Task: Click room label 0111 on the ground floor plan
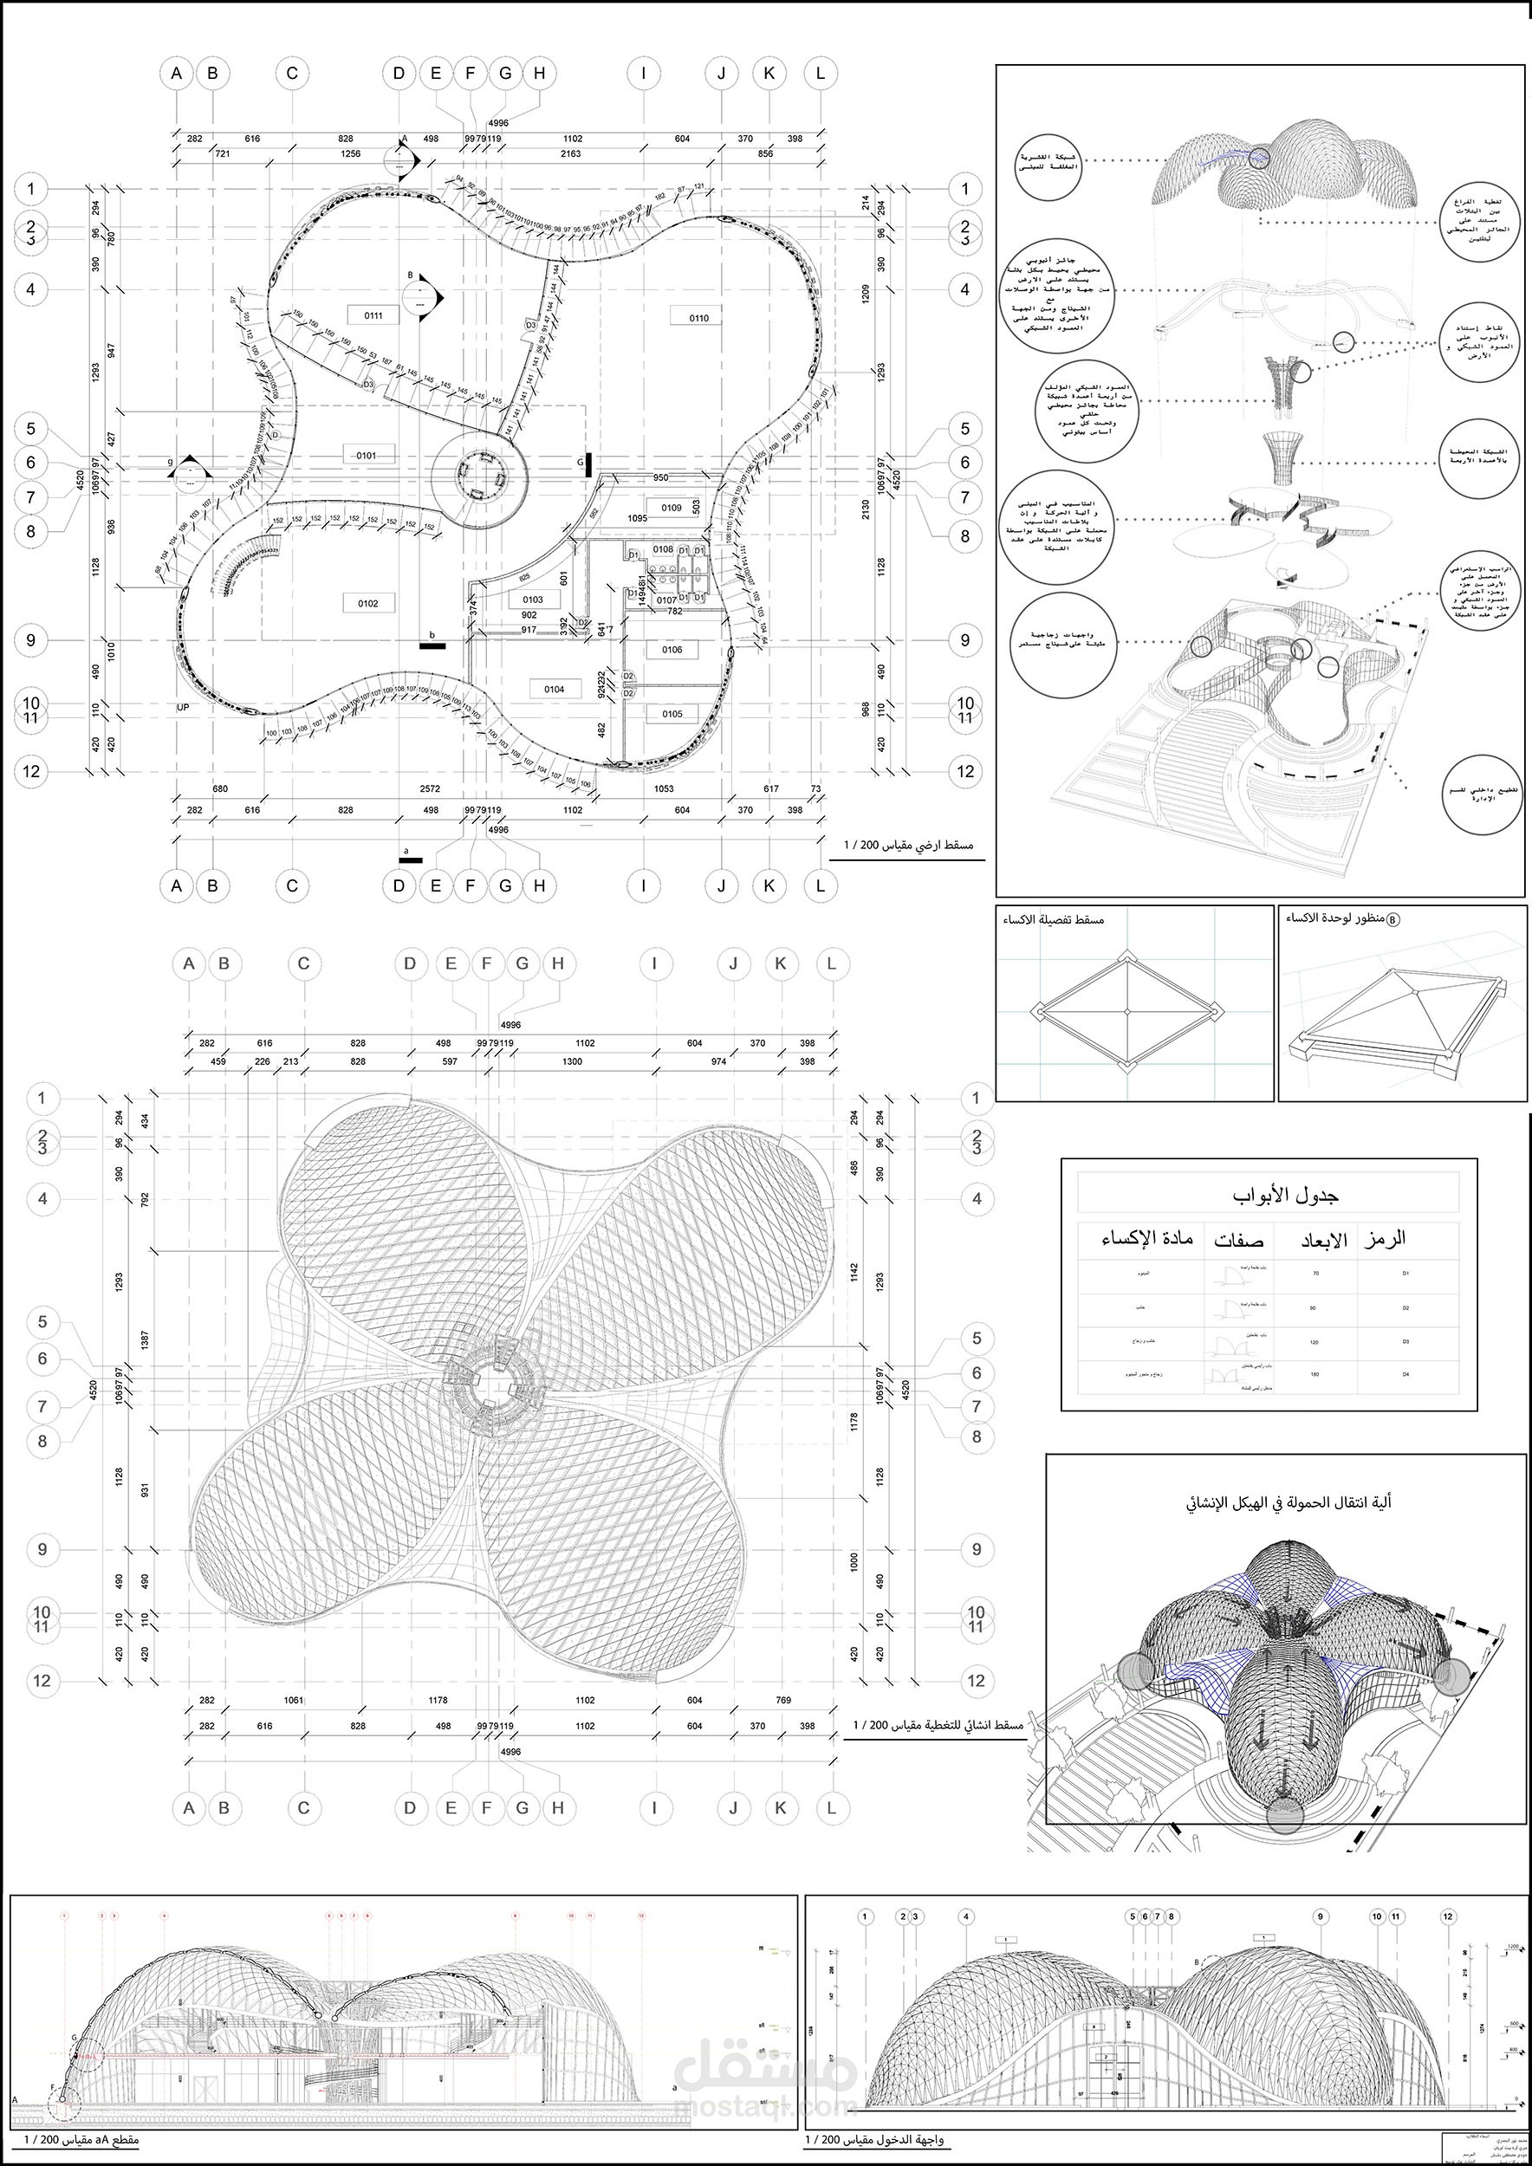click(366, 315)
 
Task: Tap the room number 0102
click(368, 603)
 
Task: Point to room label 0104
click(554, 690)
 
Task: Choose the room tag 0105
click(672, 714)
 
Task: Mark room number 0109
click(671, 508)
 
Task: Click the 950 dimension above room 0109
click(660, 477)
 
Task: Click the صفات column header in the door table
click(1238, 1240)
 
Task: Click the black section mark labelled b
click(433, 645)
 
